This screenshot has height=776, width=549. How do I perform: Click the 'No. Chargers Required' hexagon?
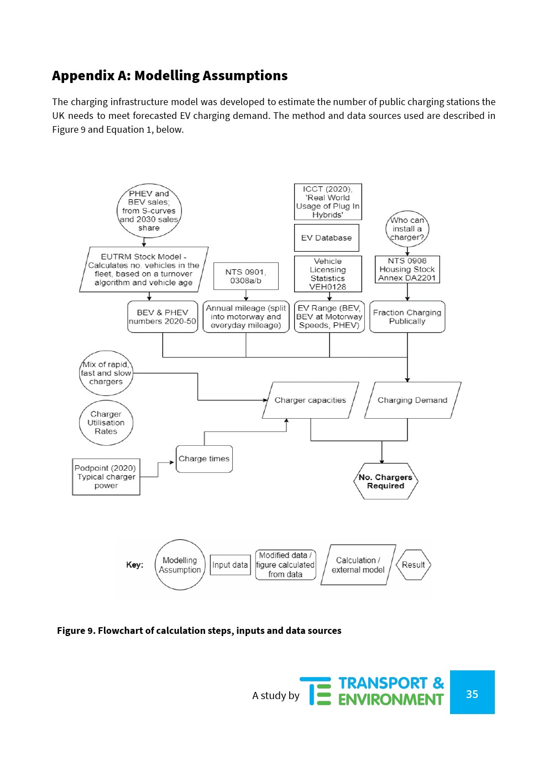click(x=385, y=481)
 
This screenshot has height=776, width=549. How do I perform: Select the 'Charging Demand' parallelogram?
click(x=412, y=400)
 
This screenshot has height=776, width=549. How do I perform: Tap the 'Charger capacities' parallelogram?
click(x=310, y=400)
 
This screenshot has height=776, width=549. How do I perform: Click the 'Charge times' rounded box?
click(x=204, y=459)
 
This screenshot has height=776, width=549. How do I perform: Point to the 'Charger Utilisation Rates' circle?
click(x=106, y=423)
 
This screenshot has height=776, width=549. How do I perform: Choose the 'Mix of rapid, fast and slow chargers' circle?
click(x=106, y=373)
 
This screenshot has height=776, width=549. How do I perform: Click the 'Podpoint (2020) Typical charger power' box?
click(x=106, y=476)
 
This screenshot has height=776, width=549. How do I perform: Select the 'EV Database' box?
click(x=326, y=238)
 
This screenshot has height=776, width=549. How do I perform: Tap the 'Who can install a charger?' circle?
click(x=407, y=228)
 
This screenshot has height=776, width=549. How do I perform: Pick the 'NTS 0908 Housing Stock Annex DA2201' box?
click(x=407, y=269)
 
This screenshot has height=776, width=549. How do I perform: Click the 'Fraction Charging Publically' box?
click(x=407, y=316)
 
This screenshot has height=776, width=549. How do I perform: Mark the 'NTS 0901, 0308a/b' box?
click(x=245, y=276)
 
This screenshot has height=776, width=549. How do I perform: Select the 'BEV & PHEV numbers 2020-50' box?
click(x=163, y=316)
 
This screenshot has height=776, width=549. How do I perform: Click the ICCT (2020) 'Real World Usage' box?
click(x=327, y=202)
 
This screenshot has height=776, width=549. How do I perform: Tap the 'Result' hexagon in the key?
click(x=413, y=565)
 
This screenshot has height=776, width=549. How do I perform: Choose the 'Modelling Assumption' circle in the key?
click(x=180, y=565)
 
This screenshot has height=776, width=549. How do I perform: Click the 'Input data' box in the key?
click(x=230, y=565)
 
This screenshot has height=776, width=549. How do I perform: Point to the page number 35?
click(x=472, y=694)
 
